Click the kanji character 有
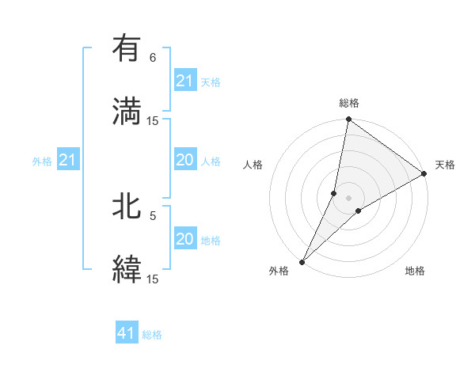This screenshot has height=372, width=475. click(127, 49)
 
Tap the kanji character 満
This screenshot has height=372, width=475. click(127, 112)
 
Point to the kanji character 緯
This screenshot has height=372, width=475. click(127, 269)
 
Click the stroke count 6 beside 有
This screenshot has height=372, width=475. click(153, 58)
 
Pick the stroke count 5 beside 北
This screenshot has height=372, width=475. click(153, 215)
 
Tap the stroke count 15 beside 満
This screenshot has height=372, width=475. click(153, 121)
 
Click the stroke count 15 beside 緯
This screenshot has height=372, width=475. click(153, 279)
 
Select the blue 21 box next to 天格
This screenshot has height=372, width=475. click(184, 81)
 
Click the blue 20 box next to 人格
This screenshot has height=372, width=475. click(184, 160)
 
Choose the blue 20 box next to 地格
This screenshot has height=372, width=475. click(184, 239)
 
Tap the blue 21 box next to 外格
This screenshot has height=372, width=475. click(68, 161)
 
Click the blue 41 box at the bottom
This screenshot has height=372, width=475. click(127, 333)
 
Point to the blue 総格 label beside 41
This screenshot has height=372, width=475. click(152, 335)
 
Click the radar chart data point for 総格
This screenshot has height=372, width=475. click(348, 120)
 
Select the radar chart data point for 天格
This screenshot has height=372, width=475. click(424, 174)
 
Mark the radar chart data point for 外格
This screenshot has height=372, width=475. click(302, 261)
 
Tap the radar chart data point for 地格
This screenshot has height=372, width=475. click(359, 210)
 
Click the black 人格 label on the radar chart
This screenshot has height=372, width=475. click(253, 165)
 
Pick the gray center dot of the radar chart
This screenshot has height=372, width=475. click(348, 197)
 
